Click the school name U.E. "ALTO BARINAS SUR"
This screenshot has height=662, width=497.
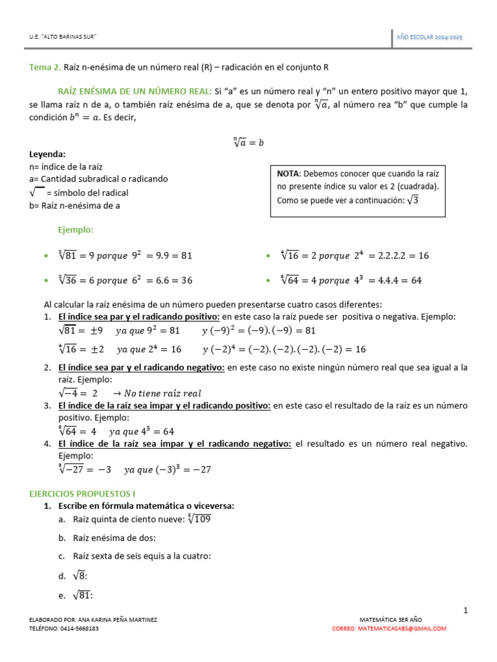coord(63,37)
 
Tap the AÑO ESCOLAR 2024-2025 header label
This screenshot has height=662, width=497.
coord(429,37)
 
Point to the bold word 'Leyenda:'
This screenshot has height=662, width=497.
coord(48,155)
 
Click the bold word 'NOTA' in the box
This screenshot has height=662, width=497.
coord(288,174)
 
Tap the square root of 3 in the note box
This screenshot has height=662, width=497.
coord(413,200)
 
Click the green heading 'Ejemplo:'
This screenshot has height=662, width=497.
coord(76,230)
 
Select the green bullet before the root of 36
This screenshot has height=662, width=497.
coord(45,281)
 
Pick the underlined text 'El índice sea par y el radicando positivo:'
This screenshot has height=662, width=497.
coord(138,317)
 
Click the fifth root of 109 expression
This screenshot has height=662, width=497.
coord(199,518)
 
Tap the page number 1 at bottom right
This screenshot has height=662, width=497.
coord(465,610)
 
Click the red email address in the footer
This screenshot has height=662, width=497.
coord(389,628)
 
